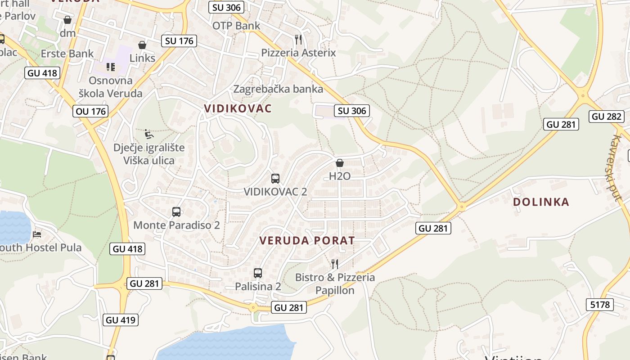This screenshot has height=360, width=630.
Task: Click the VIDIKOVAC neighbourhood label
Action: pyautogui.click(x=238, y=108)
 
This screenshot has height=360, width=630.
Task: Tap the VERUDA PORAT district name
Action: pyautogui.click(x=307, y=240)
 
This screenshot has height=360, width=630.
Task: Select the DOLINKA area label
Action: pyautogui.click(x=541, y=202)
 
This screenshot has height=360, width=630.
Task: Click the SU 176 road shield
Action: pyautogui.click(x=179, y=41)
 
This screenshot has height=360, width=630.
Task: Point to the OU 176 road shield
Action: pyautogui.click(x=91, y=111)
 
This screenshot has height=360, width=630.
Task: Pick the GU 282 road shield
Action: pyautogui.click(x=607, y=117)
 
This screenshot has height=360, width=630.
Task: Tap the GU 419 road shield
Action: pyautogui.click(x=121, y=320)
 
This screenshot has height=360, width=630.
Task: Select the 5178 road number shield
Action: pyautogui.click(x=600, y=305)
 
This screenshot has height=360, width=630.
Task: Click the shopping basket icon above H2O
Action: pyautogui.click(x=340, y=163)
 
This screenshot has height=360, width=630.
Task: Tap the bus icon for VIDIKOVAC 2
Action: pyautogui.click(x=275, y=179)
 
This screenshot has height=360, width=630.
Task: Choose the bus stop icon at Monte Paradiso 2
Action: pyautogui.click(x=176, y=212)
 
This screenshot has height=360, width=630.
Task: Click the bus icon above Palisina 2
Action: pyautogui.click(x=258, y=273)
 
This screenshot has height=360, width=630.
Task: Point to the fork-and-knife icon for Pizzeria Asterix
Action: pyautogui.click(x=298, y=40)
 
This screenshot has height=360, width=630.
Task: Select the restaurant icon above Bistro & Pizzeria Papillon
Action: pyautogui.click(x=335, y=264)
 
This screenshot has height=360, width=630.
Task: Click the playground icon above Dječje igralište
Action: pyautogui.click(x=148, y=134)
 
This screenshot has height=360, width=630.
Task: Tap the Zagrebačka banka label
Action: pyautogui.click(x=278, y=89)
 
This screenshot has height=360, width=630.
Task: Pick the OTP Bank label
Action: pyautogui.click(x=236, y=26)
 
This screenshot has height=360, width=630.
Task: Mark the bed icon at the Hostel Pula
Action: pyautogui.click(x=37, y=234)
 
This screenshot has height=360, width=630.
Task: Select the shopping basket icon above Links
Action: pyautogui.click(x=142, y=45)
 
